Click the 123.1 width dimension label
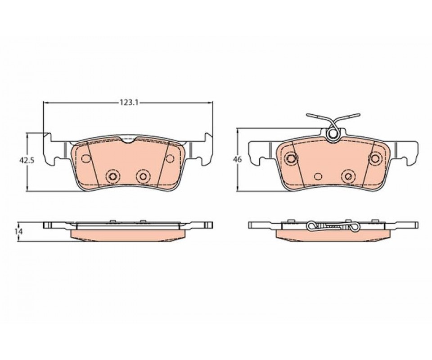(x=128, y=103)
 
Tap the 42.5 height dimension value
(x=27, y=160)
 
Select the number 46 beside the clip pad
(x=237, y=159)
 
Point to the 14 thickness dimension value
(x=19, y=231)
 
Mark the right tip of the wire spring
(x=359, y=114)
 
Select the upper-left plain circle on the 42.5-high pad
(x=86, y=158)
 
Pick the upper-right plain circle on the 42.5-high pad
(x=170, y=158)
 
